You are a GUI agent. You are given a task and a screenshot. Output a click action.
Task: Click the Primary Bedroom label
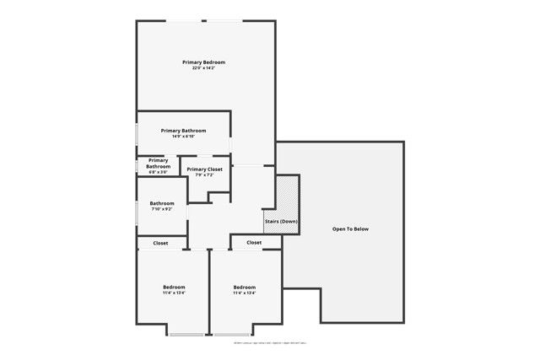(x=204, y=62)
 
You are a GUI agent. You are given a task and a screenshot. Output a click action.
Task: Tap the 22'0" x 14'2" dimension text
(x=204, y=68)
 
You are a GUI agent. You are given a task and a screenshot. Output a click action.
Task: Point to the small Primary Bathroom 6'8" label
(x=159, y=165)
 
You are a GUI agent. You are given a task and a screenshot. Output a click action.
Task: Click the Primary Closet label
(x=205, y=169)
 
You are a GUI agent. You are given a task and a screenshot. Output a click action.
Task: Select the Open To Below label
(x=350, y=229)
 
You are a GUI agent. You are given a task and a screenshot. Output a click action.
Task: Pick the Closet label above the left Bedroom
(x=160, y=243)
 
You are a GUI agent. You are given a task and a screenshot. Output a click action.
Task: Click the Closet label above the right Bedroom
(x=254, y=243)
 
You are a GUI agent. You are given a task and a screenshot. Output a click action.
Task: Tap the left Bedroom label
(x=174, y=287)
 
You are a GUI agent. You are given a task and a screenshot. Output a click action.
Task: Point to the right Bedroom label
(x=245, y=287)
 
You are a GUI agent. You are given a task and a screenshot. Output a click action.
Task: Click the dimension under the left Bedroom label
(x=174, y=293)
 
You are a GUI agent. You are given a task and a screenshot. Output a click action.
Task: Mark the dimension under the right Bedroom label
(x=245, y=293)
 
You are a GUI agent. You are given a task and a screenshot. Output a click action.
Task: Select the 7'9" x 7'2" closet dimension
(x=205, y=175)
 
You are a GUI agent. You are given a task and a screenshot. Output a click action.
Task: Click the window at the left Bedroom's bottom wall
(x=186, y=335)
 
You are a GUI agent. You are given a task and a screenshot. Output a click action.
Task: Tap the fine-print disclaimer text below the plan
(x=270, y=343)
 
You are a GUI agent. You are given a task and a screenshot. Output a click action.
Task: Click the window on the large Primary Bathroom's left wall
(x=138, y=135)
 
